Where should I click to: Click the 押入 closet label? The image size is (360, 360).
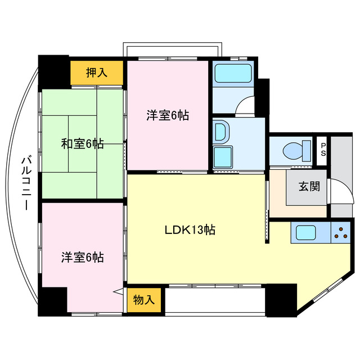(x=97, y=73)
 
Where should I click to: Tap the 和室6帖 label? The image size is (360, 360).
(x=82, y=143)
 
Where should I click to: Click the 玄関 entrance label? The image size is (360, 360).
(x=309, y=186)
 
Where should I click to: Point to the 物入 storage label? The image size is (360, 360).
(x=144, y=300)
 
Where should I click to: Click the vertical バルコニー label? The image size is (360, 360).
(x=25, y=183)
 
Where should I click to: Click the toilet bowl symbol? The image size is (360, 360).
(x=295, y=150)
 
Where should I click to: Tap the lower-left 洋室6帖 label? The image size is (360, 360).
(x=82, y=258)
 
